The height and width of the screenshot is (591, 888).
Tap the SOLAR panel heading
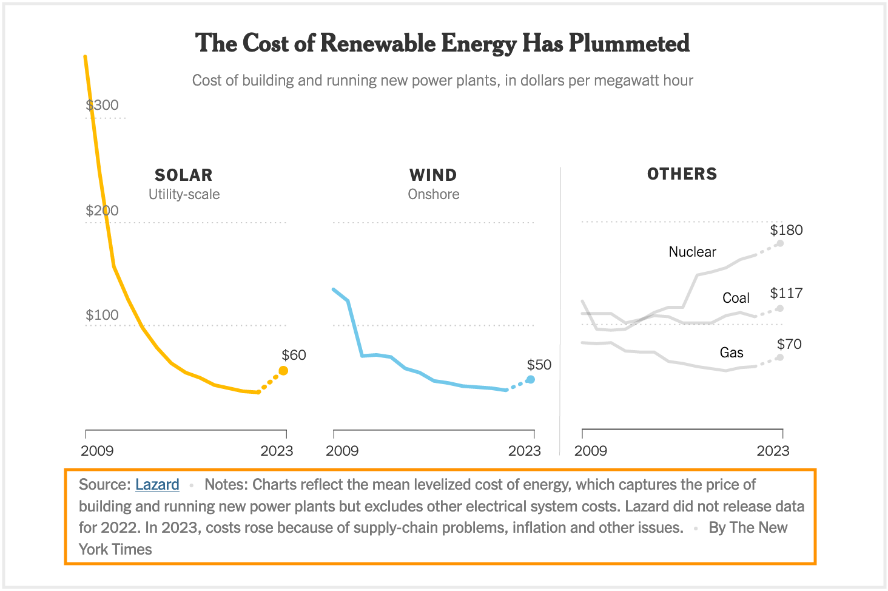tap(184, 175)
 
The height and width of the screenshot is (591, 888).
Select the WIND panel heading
tap(433, 175)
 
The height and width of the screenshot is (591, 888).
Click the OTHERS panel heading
tap(682, 174)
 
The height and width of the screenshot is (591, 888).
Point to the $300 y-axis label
tap(102, 105)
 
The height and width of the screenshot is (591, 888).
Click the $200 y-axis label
tap(102, 211)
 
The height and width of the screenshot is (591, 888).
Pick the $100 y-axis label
tap(102, 315)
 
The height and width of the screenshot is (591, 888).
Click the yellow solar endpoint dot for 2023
tap(283, 371)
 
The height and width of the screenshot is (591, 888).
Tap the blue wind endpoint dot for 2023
tap(530, 379)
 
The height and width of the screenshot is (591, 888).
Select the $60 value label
tap(294, 355)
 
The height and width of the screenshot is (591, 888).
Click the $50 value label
tap(539, 365)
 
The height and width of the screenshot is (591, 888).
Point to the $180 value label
tap(786, 230)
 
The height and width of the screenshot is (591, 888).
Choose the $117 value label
tap(786, 293)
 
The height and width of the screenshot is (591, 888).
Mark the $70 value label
tap(789, 344)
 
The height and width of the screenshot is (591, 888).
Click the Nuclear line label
tap(692, 252)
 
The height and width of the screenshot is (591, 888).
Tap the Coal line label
tap(736, 298)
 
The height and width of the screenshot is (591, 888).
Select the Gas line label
tap(732, 353)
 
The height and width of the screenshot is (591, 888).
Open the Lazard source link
tap(157, 484)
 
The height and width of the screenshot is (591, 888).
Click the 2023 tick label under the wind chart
tap(524, 451)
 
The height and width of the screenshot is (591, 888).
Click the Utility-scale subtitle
tap(184, 194)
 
